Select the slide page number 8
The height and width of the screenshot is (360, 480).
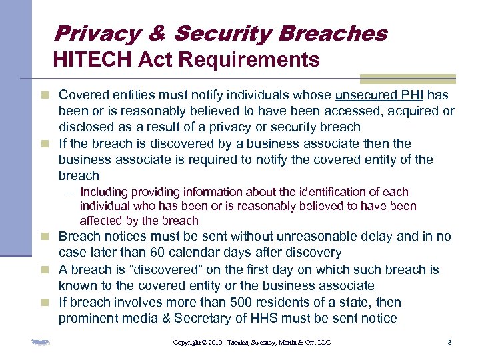pos(450,343)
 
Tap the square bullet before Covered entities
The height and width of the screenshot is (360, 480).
pos(45,96)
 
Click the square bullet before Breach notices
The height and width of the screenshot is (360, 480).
pos(45,237)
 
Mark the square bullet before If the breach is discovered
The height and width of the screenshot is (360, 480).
pos(45,144)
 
